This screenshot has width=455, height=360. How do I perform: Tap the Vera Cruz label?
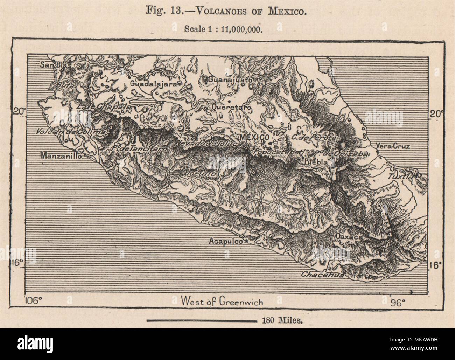click(392, 146)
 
